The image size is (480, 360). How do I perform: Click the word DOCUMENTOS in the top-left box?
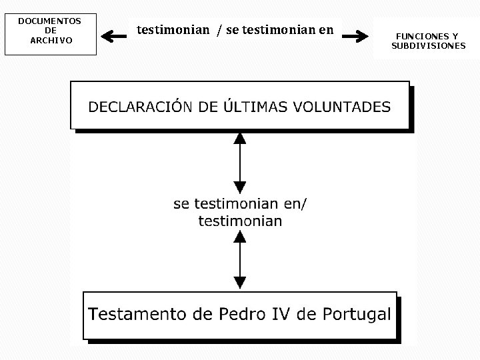tap(49, 21)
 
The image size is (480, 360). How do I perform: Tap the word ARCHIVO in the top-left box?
tap(51, 40)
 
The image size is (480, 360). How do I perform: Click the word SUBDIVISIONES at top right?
tap(429, 45)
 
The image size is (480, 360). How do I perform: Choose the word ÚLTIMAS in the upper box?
tap(252, 106)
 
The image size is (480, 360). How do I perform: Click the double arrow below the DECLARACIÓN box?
tap(239, 163)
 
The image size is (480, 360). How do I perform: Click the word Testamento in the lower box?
tap(138, 315)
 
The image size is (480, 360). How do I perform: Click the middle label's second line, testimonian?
tap(240, 221)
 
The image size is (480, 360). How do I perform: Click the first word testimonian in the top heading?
tap(173, 29)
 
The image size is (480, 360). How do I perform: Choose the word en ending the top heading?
tap(326, 29)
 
